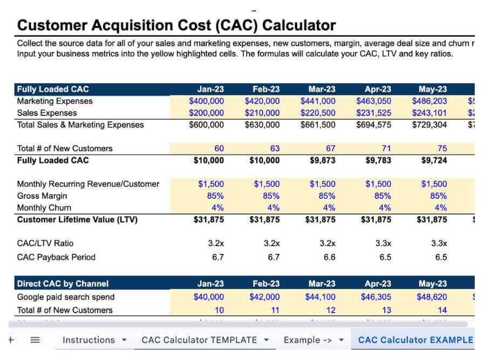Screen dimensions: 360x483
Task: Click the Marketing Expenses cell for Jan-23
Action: (x=206, y=101)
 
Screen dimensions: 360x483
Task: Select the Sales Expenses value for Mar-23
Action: (x=318, y=113)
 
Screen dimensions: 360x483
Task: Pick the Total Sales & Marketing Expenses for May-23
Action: (x=430, y=125)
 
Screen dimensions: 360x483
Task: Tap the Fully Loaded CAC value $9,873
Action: (x=321, y=160)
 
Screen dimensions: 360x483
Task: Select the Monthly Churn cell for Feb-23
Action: (x=274, y=208)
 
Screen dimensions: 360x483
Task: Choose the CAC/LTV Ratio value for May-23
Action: (x=439, y=243)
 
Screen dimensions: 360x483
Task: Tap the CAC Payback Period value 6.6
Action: (x=329, y=257)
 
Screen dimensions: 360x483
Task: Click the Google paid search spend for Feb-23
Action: (x=264, y=297)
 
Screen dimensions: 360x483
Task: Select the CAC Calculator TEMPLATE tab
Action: (x=199, y=340)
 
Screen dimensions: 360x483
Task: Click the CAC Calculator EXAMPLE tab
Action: (x=415, y=340)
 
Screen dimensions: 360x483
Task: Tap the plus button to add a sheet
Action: (x=11, y=340)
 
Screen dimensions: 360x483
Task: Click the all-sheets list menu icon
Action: (x=35, y=340)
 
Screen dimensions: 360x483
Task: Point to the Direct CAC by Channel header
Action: (x=63, y=284)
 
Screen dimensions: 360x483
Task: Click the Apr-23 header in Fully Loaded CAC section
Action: (x=378, y=89)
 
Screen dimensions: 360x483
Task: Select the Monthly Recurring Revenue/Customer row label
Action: (x=88, y=184)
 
